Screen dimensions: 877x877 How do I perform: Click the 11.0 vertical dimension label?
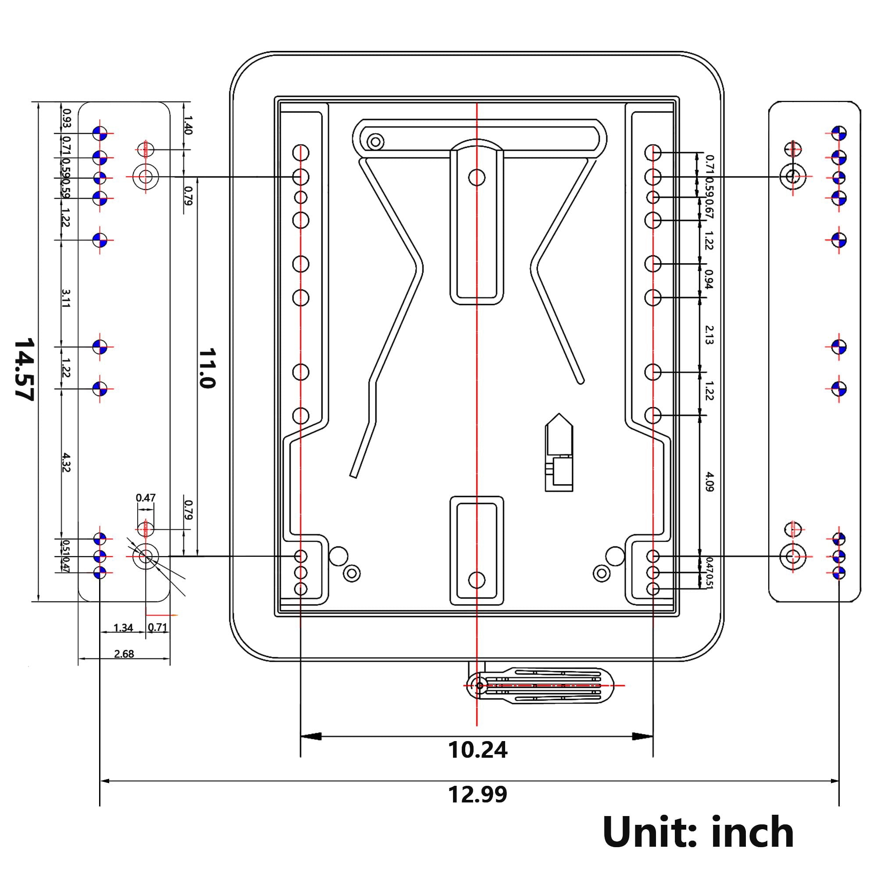click(x=207, y=368)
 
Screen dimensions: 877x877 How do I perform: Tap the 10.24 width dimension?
click(x=477, y=750)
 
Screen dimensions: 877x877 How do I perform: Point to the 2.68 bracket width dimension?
click(x=124, y=654)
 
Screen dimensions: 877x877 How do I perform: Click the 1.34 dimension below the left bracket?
click(x=123, y=628)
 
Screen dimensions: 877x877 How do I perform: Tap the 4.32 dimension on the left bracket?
click(x=66, y=462)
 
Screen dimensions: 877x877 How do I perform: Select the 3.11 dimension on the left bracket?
click(x=66, y=298)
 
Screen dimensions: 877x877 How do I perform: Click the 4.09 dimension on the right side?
click(x=709, y=481)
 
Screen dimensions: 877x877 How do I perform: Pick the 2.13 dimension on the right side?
click(x=709, y=335)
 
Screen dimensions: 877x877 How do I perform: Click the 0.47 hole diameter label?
click(x=145, y=498)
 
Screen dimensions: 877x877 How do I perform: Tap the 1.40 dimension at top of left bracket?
click(x=188, y=125)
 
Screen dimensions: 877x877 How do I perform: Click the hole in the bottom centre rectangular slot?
click(x=477, y=580)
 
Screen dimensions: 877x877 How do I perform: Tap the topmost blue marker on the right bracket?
click(x=839, y=133)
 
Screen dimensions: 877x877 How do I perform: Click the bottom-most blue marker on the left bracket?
click(x=100, y=572)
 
